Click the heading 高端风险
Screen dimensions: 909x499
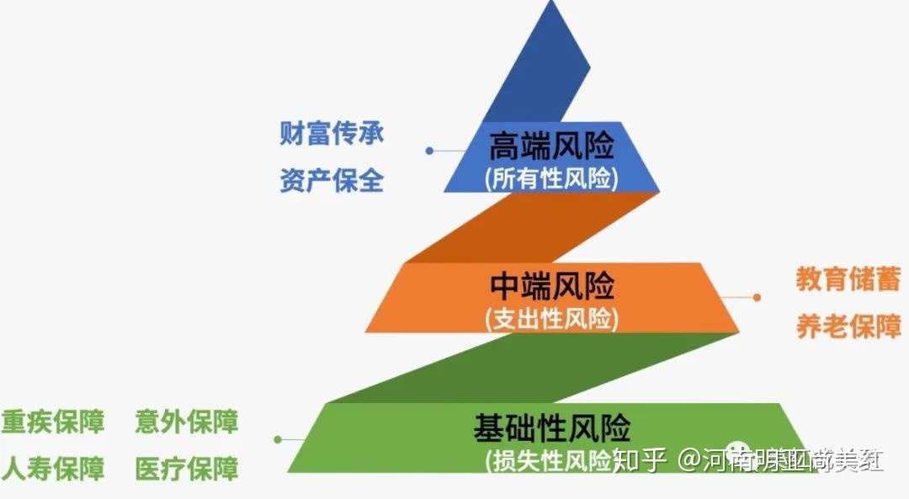click(x=551, y=148)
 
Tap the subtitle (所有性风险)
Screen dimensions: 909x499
click(x=551, y=178)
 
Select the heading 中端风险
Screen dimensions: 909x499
click(x=551, y=287)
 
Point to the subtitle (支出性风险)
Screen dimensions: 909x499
click(x=551, y=319)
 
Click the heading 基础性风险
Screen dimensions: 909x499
click(x=551, y=428)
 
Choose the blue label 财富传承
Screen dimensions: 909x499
click(x=332, y=134)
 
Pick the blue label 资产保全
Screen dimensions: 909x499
click(x=332, y=179)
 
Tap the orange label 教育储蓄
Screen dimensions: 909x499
click(x=848, y=279)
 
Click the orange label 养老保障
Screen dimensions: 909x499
click(x=848, y=326)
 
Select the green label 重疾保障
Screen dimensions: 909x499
click(x=53, y=422)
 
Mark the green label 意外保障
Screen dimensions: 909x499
click(x=186, y=422)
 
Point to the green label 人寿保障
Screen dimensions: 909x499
click(x=53, y=468)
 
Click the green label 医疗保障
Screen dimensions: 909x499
click(x=186, y=468)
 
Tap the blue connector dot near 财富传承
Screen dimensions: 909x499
click(x=429, y=151)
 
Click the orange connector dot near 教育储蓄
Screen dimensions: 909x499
click(x=757, y=297)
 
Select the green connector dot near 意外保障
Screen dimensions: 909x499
click(x=277, y=438)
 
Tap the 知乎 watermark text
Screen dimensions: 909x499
click(x=640, y=459)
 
